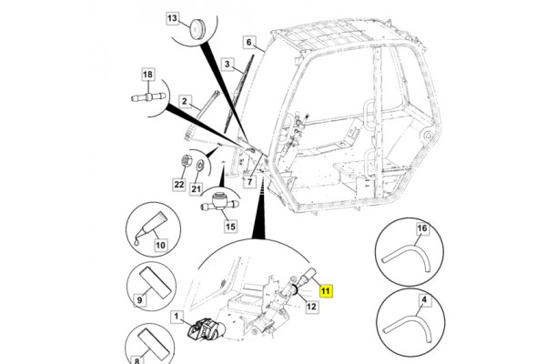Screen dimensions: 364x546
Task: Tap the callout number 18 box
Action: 147,76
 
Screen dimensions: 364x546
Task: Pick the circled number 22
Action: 179,183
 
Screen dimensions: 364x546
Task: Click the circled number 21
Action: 196,189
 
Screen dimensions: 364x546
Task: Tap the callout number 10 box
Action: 159,244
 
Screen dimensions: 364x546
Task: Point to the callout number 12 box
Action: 310,307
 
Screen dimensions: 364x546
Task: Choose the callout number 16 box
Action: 421,227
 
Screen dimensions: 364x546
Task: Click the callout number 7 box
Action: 247,182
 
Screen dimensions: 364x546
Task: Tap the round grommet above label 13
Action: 193,35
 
